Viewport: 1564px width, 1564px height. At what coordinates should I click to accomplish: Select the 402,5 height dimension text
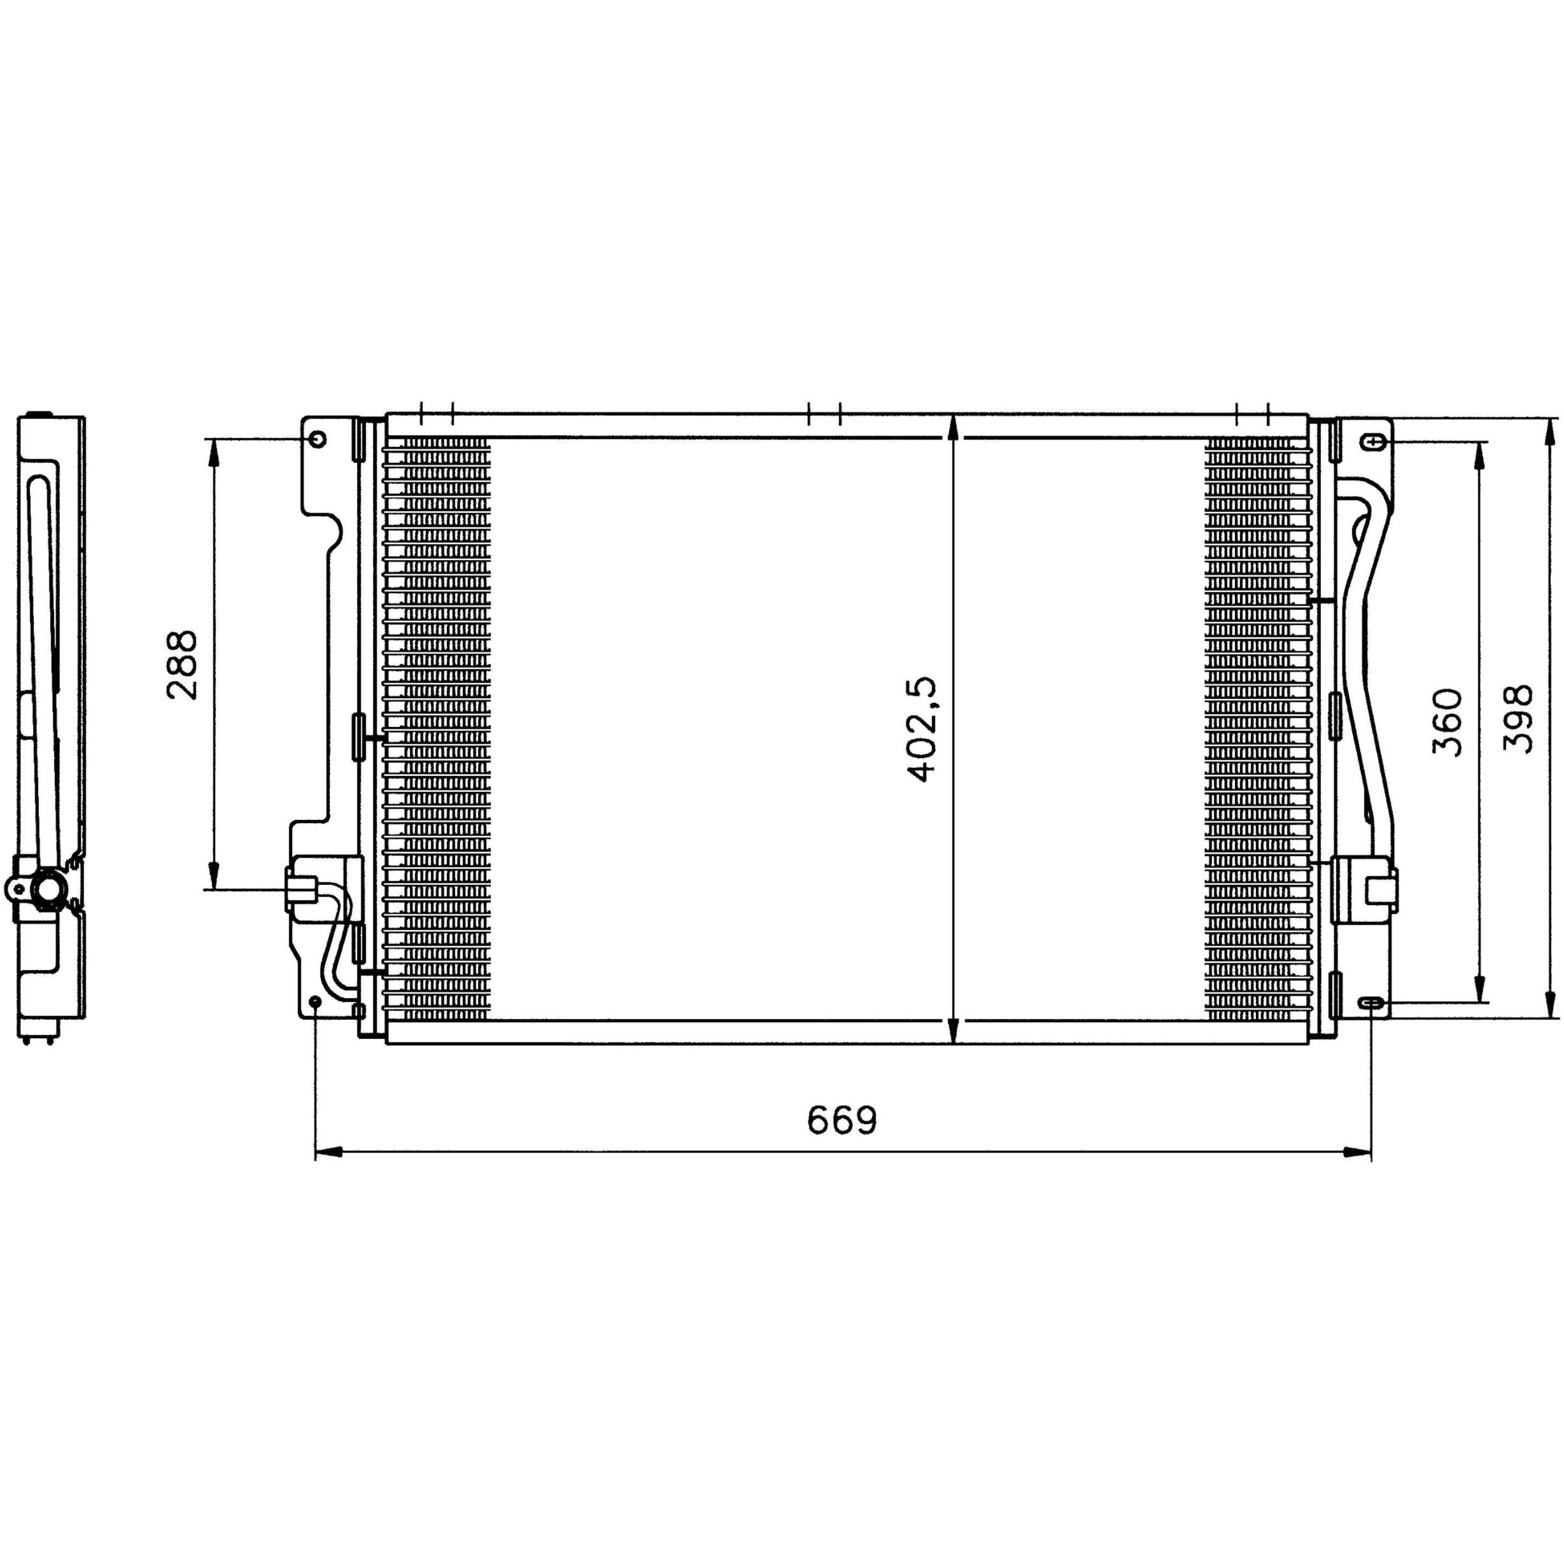922,729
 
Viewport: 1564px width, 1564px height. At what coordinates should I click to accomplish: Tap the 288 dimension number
182,665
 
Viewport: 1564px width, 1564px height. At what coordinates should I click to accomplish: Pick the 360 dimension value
1448,722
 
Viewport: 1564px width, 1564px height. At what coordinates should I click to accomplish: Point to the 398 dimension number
1518,718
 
